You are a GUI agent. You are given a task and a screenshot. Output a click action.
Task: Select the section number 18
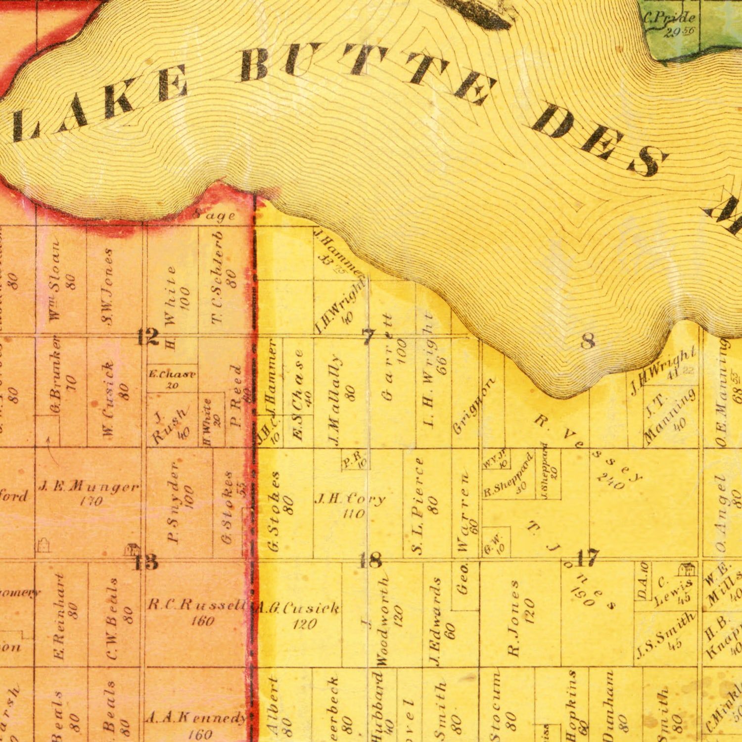pos(371,560)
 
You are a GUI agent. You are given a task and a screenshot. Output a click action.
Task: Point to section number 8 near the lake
pos(588,341)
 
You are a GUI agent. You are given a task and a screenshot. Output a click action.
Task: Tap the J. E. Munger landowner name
pos(89,488)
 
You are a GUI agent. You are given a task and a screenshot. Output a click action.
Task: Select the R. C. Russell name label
pos(197,605)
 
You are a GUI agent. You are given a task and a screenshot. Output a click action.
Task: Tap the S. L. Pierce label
pos(419,505)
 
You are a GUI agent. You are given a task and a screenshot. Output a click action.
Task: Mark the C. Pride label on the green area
pos(669,19)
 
